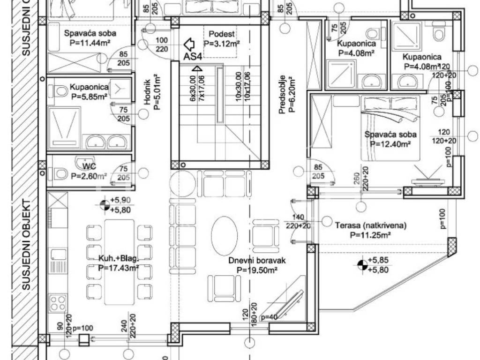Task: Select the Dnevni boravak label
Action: (257, 261)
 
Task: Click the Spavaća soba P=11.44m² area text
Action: (90, 42)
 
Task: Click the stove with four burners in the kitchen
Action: (58, 303)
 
